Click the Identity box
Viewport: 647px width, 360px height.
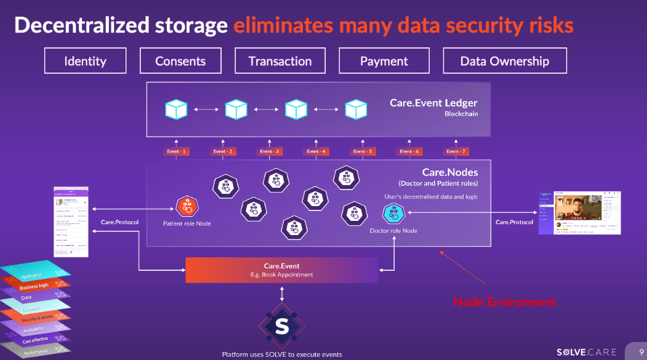tap(85, 61)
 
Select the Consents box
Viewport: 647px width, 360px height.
tap(180, 61)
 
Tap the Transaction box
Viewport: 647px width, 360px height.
tap(279, 61)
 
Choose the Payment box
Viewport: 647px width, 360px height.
tap(384, 61)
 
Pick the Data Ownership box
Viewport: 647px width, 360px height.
tap(505, 61)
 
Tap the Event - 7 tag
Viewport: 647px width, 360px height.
tap(456, 151)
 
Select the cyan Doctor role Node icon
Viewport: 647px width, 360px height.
tap(393, 214)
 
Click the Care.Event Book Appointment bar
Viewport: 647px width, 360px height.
tap(282, 270)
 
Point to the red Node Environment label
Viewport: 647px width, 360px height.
tap(505, 302)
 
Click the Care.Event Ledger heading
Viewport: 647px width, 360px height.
tap(433, 103)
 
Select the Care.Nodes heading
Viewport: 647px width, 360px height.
tap(449, 173)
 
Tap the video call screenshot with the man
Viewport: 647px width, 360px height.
tap(579, 213)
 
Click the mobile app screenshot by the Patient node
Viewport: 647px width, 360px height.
tap(71, 222)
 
